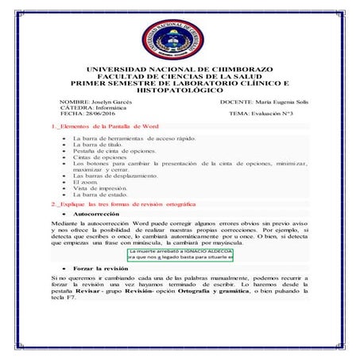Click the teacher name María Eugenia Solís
[271, 103]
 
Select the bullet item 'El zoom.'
[85, 181]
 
